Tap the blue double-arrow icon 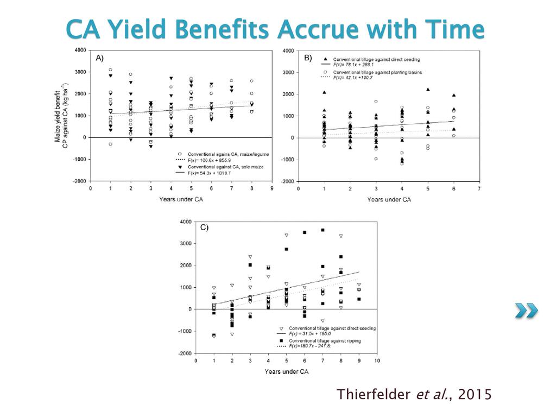click(527, 311)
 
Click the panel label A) click(100, 58)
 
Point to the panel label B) click(308, 58)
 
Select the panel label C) click(204, 228)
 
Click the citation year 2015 click(475, 394)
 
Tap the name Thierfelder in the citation click(373, 394)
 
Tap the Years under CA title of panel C click(287, 371)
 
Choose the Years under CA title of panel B click(389, 199)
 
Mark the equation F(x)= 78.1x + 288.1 click(352, 64)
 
